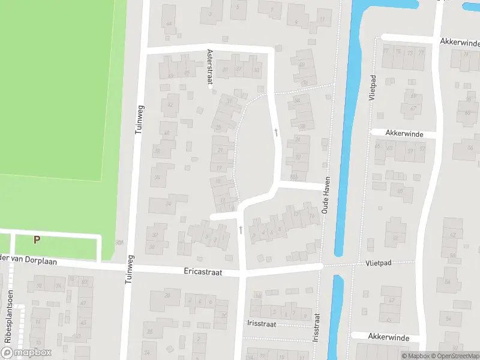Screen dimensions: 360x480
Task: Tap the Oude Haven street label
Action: click(326, 199)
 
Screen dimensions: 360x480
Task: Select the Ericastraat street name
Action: click(203, 272)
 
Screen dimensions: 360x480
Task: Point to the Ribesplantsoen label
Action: click(8, 325)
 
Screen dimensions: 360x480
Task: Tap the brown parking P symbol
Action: click(37, 239)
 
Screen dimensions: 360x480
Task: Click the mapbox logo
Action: click(26, 352)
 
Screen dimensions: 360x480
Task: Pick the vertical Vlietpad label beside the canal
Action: click(373, 88)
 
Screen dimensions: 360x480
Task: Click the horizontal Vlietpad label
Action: click(377, 263)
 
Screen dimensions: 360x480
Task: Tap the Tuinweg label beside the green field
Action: click(140, 119)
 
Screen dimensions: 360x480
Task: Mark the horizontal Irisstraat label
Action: click(260, 322)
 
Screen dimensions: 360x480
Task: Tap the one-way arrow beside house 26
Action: click(276, 131)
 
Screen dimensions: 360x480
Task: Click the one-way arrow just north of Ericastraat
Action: click(241, 230)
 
